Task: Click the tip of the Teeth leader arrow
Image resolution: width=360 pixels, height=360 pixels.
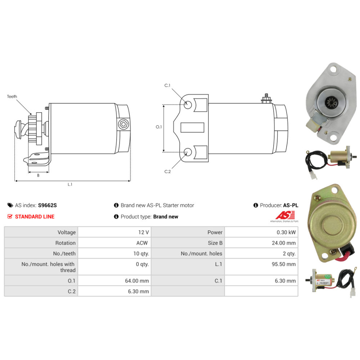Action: pyautogui.click(x=31, y=114)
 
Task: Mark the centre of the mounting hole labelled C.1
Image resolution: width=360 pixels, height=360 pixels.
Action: pyautogui.click(x=188, y=105)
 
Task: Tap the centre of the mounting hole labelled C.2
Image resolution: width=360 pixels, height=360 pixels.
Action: pyautogui.click(x=188, y=152)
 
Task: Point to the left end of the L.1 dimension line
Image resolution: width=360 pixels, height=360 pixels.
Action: pyautogui.click(x=15, y=181)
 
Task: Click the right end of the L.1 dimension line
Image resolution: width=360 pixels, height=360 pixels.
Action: pyautogui.click(x=130, y=181)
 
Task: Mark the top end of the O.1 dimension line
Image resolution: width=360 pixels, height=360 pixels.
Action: pyautogui.click(x=164, y=105)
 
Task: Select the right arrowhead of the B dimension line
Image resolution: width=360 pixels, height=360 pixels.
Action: pyautogui.click(x=48, y=172)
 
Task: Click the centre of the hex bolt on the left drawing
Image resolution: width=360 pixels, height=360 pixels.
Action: pyautogui.click(x=123, y=125)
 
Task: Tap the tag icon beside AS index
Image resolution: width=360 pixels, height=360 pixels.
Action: pyautogui.click(x=10, y=205)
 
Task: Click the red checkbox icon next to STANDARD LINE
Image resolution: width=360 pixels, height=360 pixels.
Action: pyautogui.click(x=10, y=216)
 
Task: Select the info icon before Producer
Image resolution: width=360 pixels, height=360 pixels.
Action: pyautogui.click(x=256, y=205)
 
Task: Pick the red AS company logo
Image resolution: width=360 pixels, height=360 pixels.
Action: pyautogui.click(x=285, y=216)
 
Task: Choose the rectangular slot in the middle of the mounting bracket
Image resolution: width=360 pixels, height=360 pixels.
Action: pyautogui.click(x=192, y=128)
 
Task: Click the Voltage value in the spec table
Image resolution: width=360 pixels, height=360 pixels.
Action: pyautogui.click(x=144, y=232)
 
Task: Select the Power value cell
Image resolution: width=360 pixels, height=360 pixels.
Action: pyautogui.click(x=286, y=232)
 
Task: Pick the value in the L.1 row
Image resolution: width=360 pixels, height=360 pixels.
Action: pyautogui.click(x=284, y=264)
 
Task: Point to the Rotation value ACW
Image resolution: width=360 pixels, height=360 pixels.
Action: pyautogui.click(x=142, y=243)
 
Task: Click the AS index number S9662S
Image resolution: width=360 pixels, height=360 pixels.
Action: pyautogui.click(x=47, y=205)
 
